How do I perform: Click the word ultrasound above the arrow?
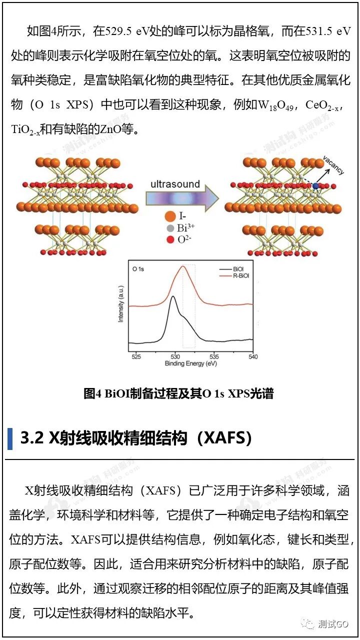coord(175,184)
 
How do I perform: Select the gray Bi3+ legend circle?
coord(170,228)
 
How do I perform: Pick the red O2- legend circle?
coord(170,239)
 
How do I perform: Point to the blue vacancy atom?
coord(315,186)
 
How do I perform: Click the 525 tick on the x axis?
coord(135,356)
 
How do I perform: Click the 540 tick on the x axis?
coord(253,356)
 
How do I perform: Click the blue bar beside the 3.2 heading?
coord(10,438)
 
